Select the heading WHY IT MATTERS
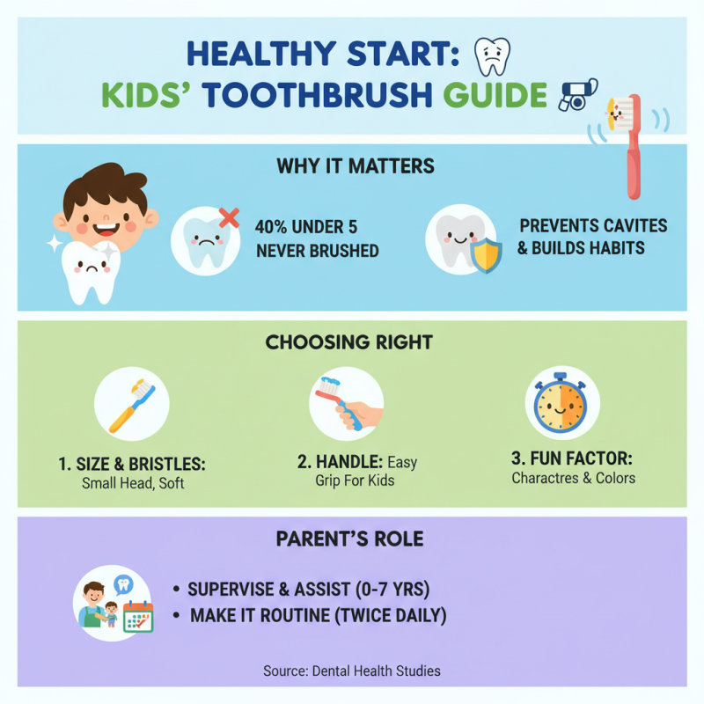(x=355, y=165)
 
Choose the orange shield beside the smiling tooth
(x=486, y=255)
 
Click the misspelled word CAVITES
(x=631, y=225)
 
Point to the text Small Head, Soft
(x=133, y=484)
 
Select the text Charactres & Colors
(x=573, y=478)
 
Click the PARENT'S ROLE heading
(x=352, y=538)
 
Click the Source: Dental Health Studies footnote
(x=352, y=671)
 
